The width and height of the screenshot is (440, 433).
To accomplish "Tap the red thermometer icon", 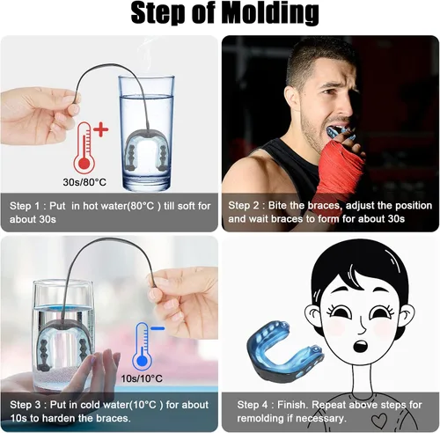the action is [x=84, y=148].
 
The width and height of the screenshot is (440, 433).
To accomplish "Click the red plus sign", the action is [x=101, y=129].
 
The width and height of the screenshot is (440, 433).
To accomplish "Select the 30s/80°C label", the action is [x=84, y=182].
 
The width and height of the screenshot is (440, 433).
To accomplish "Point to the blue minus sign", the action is [x=158, y=328].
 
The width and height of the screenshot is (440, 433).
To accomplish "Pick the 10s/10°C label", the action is [x=142, y=378].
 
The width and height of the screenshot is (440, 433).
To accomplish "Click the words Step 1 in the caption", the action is [x=25, y=206].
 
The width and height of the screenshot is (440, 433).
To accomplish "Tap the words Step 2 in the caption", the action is [x=243, y=206].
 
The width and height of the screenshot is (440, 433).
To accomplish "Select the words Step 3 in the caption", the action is [x=26, y=405].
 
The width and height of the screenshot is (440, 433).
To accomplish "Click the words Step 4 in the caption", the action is [x=253, y=405].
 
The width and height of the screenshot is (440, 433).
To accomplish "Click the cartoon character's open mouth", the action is [x=360, y=346].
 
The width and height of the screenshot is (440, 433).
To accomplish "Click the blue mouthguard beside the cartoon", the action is [x=284, y=354].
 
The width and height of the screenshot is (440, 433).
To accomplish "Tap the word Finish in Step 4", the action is [x=291, y=405].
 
